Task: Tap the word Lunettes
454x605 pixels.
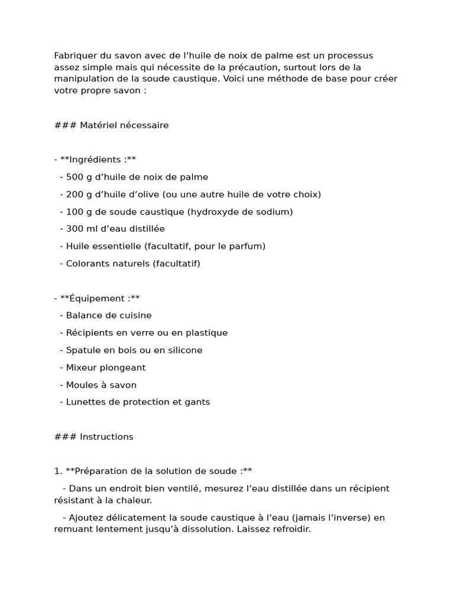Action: pos(86,402)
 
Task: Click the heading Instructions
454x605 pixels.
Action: pos(106,437)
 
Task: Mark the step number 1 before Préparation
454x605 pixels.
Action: pos(57,471)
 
